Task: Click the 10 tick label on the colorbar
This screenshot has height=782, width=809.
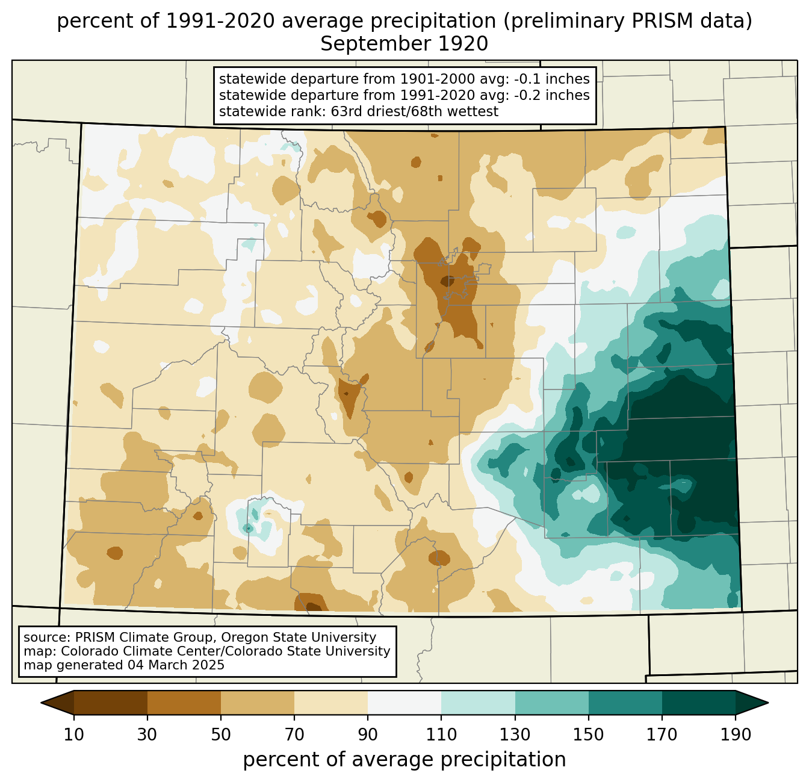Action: click(74, 735)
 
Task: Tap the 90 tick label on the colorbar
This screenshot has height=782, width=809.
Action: click(368, 735)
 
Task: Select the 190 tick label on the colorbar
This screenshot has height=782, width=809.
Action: click(736, 735)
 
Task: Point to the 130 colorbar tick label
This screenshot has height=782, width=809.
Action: click(515, 735)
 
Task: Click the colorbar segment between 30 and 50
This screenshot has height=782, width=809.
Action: click(184, 703)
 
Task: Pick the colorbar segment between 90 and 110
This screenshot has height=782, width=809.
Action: click(404, 703)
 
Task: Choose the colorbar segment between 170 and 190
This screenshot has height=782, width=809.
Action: click(699, 703)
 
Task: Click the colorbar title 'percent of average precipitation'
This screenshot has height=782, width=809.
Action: click(404, 760)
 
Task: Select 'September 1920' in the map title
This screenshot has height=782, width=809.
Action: click(404, 44)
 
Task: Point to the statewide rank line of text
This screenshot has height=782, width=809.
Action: click(359, 111)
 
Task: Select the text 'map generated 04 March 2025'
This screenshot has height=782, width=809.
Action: click(124, 665)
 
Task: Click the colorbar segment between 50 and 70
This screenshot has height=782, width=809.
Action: click(258, 703)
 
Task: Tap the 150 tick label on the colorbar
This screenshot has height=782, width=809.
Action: click(589, 735)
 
